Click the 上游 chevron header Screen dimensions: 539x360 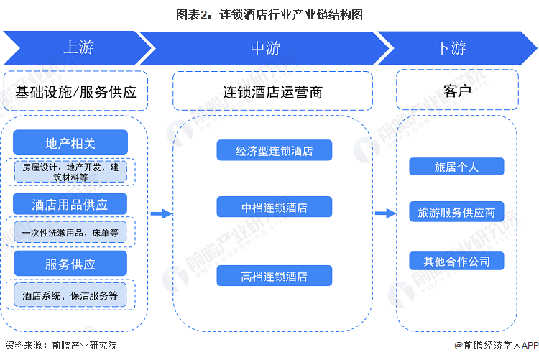[79, 48]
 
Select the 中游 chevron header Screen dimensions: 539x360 [264, 48]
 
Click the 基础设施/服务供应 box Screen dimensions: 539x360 [75, 91]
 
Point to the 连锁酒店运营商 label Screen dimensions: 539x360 [272, 91]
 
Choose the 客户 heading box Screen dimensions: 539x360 [457, 90]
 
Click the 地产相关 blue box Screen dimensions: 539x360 [70, 143]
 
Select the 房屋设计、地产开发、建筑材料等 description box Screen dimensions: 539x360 [70, 172]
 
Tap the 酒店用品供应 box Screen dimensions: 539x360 [70, 204]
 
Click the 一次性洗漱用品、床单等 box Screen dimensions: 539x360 [70, 232]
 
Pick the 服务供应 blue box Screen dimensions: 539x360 [70, 264]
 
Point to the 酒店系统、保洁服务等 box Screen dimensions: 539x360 [70, 295]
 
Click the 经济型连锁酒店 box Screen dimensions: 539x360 [275, 150]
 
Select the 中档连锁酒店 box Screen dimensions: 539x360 [275, 207]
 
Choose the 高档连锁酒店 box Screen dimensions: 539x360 [275, 275]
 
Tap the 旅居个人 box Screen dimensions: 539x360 [456, 167]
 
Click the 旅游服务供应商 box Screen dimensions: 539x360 [456, 211]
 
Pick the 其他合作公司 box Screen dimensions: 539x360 [456, 261]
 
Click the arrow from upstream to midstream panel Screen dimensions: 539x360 [161, 213]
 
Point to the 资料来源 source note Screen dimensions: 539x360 [61, 344]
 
